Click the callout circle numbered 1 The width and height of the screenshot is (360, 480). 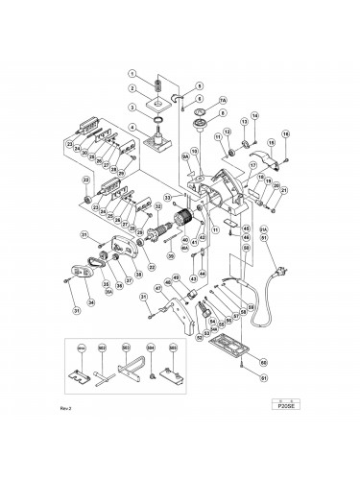pos(135,75)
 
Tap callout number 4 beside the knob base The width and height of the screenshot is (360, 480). pos(135,130)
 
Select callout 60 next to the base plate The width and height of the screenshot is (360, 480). pos(263,365)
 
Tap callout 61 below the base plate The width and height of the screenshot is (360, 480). pos(263,404)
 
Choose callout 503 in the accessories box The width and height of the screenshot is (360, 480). pos(126,346)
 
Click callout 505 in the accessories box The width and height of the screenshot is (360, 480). pos(173,346)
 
